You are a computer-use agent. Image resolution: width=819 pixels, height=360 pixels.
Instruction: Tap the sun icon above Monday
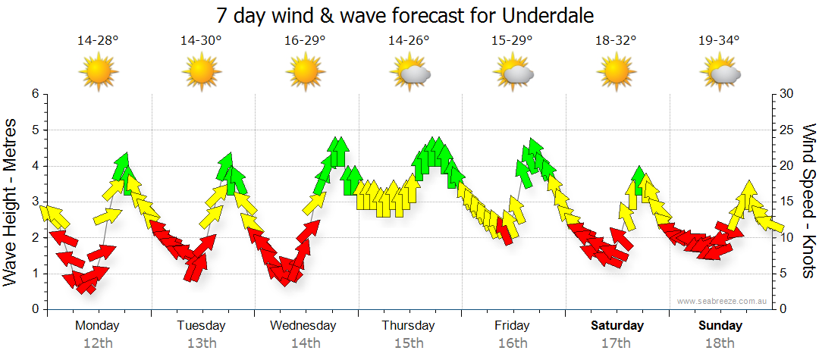click(99, 73)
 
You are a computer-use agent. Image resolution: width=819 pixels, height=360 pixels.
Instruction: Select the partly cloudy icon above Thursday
click(409, 73)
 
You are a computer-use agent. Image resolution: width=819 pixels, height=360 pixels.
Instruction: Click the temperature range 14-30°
click(201, 40)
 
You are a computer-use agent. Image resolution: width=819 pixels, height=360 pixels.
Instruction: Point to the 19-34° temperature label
click(719, 40)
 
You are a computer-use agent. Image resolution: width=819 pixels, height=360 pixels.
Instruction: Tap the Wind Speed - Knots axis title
click(808, 201)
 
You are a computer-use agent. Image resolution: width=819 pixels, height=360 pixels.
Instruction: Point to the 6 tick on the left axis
click(34, 94)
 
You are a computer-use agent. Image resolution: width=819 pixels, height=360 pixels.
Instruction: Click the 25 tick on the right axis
click(787, 130)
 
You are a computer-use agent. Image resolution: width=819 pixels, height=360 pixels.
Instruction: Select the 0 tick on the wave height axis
click(34, 309)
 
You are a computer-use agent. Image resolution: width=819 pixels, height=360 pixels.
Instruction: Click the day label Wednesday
click(303, 326)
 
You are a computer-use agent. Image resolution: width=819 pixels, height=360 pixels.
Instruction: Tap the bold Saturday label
click(617, 326)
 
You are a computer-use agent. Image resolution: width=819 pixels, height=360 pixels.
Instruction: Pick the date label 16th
click(513, 343)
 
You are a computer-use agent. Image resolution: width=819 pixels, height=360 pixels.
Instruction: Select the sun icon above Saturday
click(617, 73)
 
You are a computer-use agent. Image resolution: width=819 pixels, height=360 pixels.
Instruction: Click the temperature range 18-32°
click(616, 40)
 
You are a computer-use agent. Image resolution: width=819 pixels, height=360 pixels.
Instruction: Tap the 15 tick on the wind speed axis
click(787, 202)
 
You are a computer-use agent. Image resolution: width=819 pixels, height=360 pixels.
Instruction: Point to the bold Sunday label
click(720, 326)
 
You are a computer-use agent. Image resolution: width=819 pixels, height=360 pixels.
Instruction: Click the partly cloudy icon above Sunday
click(720, 73)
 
